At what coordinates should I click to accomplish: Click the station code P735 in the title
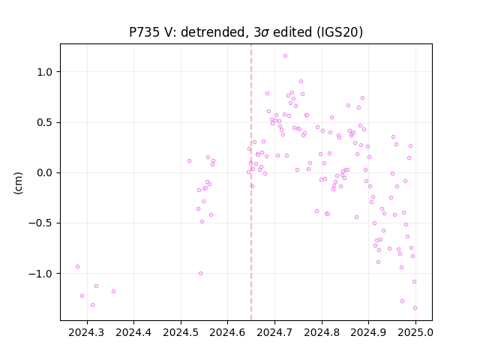(x=144, y=32)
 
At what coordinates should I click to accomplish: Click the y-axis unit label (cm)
(x=18, y=183)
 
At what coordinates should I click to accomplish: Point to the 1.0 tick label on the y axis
(x=45, y=72)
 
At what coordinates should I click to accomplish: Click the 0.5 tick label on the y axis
(x=45, y=123)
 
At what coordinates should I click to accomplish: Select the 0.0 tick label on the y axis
(x=45, y=173)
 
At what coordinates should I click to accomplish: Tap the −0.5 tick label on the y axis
(x=40, y=223)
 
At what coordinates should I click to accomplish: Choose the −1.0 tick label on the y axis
(x=40, y=274)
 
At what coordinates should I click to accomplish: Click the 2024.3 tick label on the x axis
(x=87, y=332)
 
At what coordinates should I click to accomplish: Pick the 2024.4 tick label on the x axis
(x=133, y=332)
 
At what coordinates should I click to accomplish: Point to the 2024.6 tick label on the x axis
(x=227, y=332)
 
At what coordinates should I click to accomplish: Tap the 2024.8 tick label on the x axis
(x=322, y=332)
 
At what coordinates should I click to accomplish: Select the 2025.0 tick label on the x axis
(x=415, y=332)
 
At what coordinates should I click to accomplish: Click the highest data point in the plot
(x=285, y=56)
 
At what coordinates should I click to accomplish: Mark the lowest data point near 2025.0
(x=415, y=308)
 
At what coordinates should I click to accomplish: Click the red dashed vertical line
(x=251, y=182)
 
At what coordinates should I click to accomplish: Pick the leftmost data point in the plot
(x=78, y=267)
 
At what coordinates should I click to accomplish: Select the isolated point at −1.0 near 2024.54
(x=200, y=273)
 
